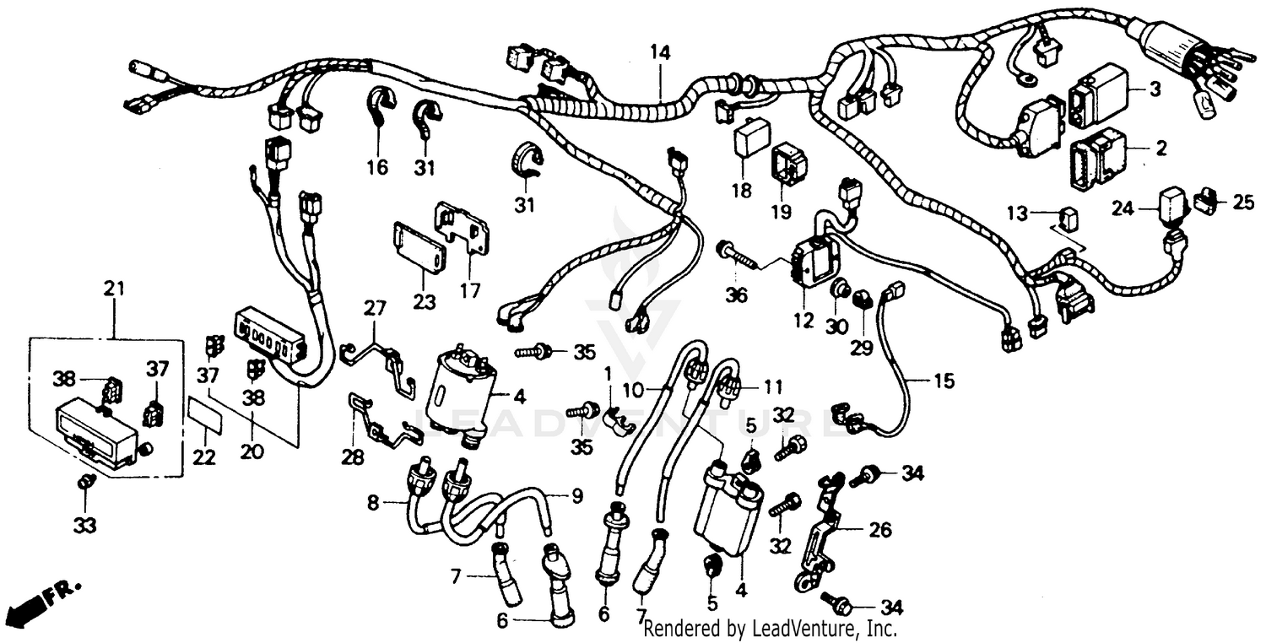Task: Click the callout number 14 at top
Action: tap(659, 52)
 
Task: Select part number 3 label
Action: tap(1155, 90)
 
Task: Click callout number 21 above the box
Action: tap(114, 289)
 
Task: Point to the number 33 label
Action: tap(84, 525)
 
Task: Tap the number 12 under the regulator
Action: tap(803, 321)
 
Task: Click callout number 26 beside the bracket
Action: tap(879, 530)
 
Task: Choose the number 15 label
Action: tap(944, 381)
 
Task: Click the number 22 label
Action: tap(203, 457)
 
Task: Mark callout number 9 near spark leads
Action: tap(576, 497)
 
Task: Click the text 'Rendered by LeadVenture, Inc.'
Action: tap(770, 629)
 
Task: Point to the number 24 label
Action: tap(1122, 208)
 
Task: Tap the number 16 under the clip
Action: tap(377, 168)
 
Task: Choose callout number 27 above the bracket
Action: tap(374, 308)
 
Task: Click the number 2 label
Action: tap(1160, 149)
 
